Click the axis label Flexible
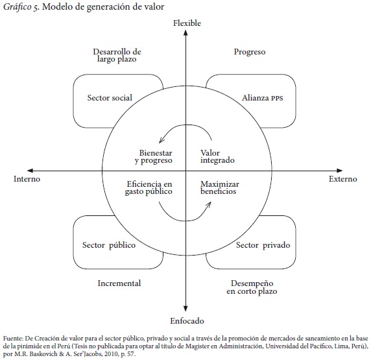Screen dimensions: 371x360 (187, 23)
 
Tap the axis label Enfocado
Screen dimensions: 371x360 (187, 320)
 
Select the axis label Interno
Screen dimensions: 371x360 (27, 178)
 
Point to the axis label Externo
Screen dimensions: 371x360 (343, 178)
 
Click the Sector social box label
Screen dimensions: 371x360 (110, 97)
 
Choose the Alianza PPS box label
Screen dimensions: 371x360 (263, 97)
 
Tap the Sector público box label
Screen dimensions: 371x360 (109, 245)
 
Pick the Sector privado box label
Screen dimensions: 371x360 (263, 245)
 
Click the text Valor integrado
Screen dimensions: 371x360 (217, 156)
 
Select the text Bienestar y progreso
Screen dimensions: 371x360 (154, 157)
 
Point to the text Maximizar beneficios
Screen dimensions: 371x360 (220, 187)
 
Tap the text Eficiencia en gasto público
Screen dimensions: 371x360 (149, 187)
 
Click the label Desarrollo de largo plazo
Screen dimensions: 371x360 (117, 55)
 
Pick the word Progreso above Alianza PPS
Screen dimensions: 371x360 (250, 52)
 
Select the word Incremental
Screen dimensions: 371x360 (119, 283)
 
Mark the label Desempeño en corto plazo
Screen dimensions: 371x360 (252, 287)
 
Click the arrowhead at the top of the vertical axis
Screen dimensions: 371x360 (185, 33)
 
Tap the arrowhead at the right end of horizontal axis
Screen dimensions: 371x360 (339, 171)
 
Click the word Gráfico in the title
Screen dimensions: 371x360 (18, 7)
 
